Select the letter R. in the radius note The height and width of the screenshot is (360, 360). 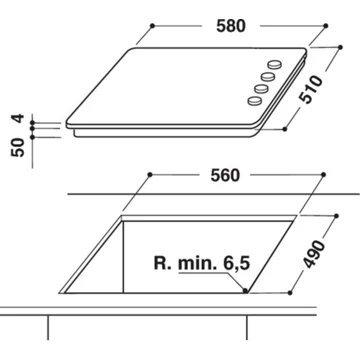tap(162, 266)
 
